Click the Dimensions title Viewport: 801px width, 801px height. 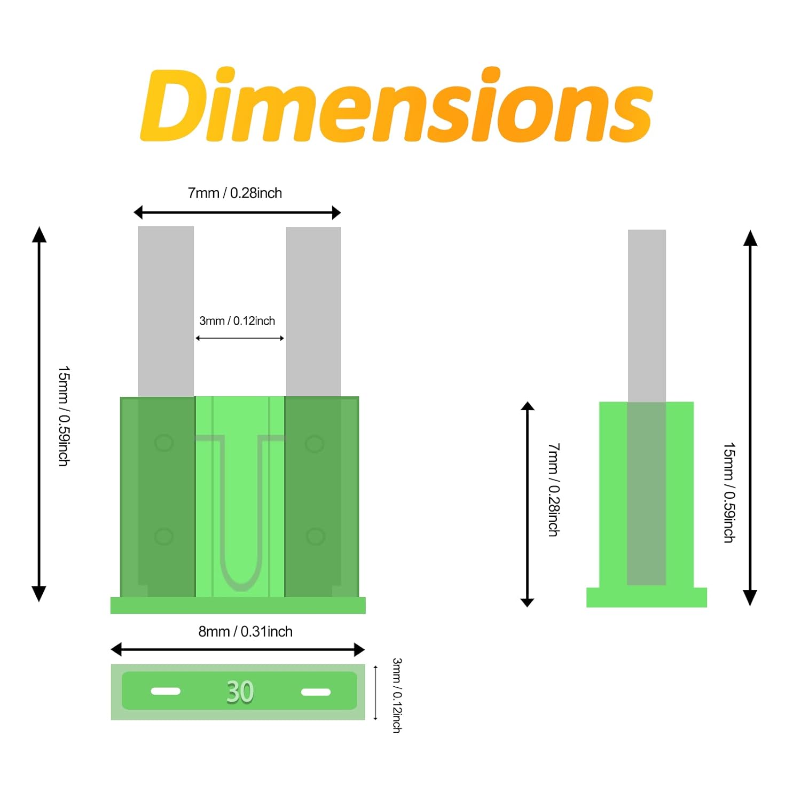tap(396, 105)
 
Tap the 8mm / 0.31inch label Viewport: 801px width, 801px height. tap(246, 631)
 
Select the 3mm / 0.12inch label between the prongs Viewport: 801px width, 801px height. tap(237, 320)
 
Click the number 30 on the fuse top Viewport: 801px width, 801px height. tap(240, 692)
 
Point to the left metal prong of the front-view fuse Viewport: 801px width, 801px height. tap(166, 311)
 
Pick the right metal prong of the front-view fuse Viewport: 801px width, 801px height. tap(313, 312)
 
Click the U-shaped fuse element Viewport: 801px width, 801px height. tap(240, 513)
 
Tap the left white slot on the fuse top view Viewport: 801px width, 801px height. tap(166, 691)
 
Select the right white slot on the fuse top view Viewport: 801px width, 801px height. tap(316, 692)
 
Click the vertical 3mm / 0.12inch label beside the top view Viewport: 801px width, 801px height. tap(397, 695)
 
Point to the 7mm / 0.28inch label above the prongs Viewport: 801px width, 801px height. tap(235, 193)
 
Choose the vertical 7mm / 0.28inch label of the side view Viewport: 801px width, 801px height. tap(554, 489)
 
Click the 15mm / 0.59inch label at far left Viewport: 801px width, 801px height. tap(64, 416)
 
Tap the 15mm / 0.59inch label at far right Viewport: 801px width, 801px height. tap(729, 492)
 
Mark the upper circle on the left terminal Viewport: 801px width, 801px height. tap(164, 443)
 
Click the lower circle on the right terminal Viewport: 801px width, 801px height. tap(315, 536)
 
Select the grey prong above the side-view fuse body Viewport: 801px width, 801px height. tap(647, 316)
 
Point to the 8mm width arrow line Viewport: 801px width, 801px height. tap(238, 649)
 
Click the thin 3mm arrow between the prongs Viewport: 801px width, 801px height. tap(240, 338)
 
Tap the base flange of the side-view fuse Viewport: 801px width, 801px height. tap(647, 597)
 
